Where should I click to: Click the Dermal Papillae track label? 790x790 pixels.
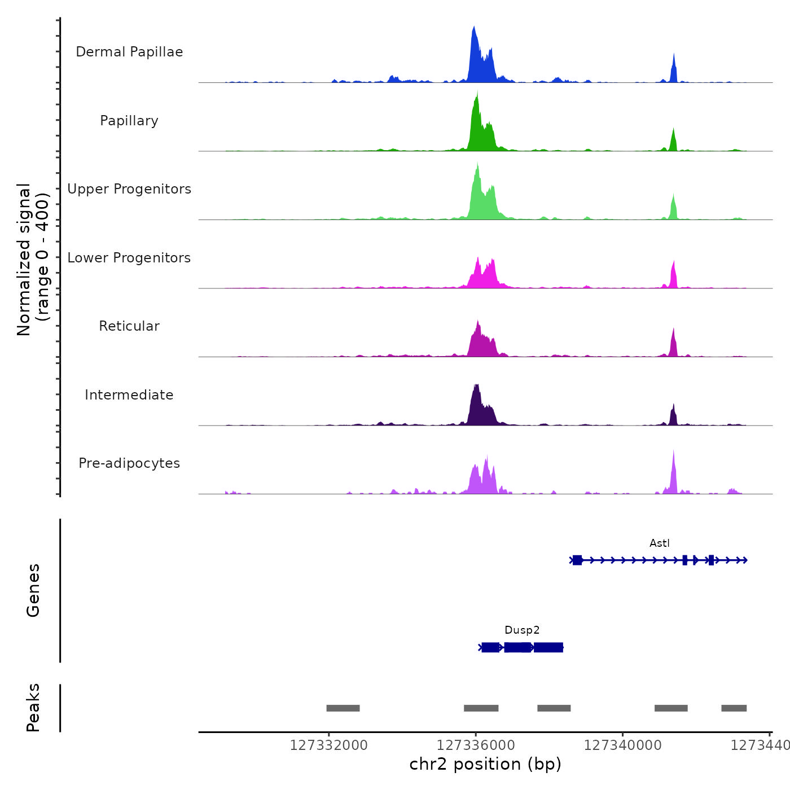(x=129, y=52)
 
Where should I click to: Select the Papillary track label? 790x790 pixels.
(x=129, y=121)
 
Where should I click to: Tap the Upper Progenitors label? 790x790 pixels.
(x=129, y=189)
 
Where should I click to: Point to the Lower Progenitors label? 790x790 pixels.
(x=129, y=258)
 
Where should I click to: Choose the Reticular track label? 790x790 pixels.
(x=129, y=326)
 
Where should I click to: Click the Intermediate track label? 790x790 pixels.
(x=129, y=395)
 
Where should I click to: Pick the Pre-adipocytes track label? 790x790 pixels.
(x=129, y=463)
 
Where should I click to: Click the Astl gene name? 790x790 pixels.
(x=659, y=543)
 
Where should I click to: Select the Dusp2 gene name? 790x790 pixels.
(x=522, y=630)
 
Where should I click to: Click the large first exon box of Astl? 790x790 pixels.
(x=577, y=560)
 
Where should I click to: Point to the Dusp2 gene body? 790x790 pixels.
(x=519, y=647)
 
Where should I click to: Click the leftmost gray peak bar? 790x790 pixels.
(x=343, y=708)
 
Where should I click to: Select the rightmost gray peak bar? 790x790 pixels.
(x=734, y=708)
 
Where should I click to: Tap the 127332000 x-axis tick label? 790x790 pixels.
(x=328, y=745)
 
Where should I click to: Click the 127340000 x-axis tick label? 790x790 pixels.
(x=622, y=745)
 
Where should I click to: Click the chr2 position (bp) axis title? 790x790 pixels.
(x=485, y=764)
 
